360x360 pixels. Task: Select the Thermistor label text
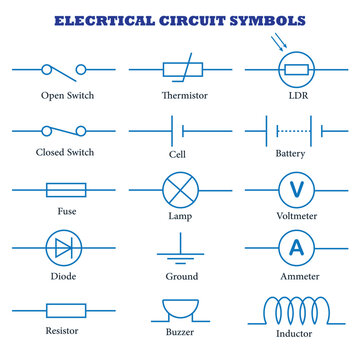coord(183,95)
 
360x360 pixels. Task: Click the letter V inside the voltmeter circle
coord(296,189)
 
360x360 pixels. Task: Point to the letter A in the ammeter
coord(296,249)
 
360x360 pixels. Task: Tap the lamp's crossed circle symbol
coord(181,189)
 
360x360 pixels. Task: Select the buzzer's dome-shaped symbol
coord(181,307)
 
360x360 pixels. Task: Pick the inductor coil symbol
coord(296,306)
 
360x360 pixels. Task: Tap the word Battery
coord(296,155)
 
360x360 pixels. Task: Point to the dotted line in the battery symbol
coord(296,129)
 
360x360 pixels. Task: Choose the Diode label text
coord(62,276)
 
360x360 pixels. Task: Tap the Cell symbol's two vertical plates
coord(182,129)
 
